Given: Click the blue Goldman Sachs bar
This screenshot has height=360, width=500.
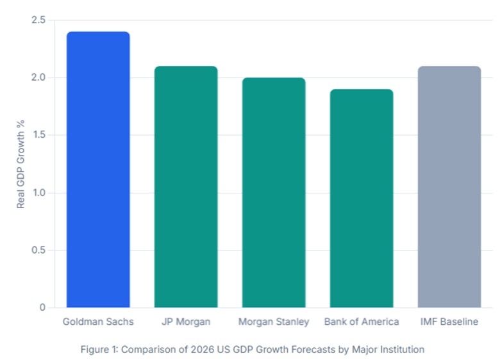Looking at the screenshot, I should [x=98, y=170].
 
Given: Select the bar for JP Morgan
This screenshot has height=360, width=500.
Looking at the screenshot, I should [x=186, y=187].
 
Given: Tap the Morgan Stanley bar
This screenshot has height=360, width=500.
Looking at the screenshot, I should [x=274, y=192].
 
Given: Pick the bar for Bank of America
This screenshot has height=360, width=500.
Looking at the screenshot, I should [x=362, y=199].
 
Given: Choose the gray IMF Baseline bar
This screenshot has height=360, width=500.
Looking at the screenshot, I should [x=449, y=187].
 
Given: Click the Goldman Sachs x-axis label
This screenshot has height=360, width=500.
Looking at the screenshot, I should [x=98, y=322].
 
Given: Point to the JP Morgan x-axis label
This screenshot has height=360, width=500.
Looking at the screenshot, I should [x=186, y=322].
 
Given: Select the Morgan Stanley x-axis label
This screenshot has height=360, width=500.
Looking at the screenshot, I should [x=274, y=322].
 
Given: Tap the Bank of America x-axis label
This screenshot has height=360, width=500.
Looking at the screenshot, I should [x=362, y=322].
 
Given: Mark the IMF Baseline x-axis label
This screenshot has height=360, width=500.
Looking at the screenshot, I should [x=449, y=322].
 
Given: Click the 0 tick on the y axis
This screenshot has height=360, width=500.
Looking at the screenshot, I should [x=42, y=307].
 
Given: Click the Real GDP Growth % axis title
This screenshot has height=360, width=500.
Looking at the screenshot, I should [x=21, y=164].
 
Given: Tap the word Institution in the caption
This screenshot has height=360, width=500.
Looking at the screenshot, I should [x=401, y=350].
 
